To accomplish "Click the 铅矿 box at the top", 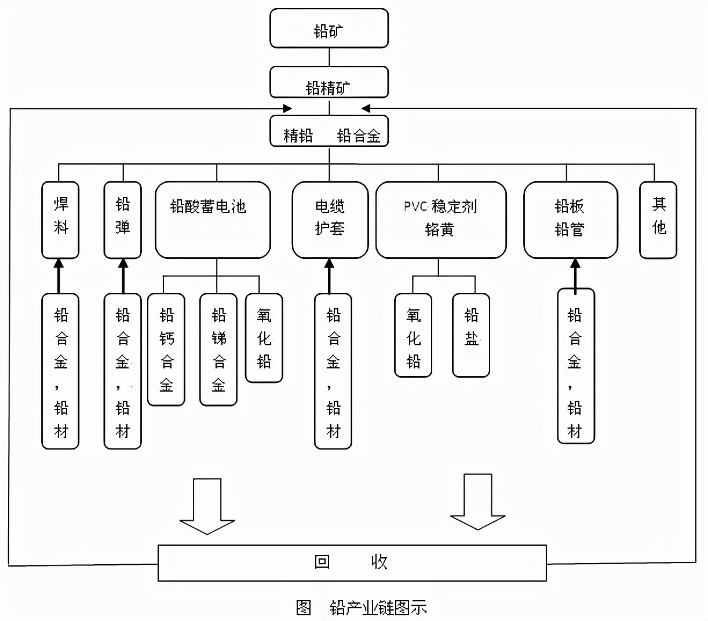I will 329,28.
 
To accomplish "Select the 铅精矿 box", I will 329,83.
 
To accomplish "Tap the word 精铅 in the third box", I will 298,136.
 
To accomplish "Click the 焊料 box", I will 60,220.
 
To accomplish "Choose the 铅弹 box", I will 122,220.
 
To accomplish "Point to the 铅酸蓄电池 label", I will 208,207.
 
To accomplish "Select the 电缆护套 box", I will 330,220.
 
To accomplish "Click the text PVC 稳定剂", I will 440,207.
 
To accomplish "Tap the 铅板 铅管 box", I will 570,220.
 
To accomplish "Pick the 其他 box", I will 658,220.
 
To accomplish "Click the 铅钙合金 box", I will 166,349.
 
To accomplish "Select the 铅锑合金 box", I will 218,349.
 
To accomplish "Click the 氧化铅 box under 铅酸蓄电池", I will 264,338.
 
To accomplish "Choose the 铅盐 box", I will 471,335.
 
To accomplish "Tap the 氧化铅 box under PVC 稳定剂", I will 413,335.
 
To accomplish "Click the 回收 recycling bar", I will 352,562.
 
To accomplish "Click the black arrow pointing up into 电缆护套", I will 330,276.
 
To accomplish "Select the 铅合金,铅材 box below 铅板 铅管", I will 575,367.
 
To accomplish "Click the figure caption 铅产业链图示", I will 378,608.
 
